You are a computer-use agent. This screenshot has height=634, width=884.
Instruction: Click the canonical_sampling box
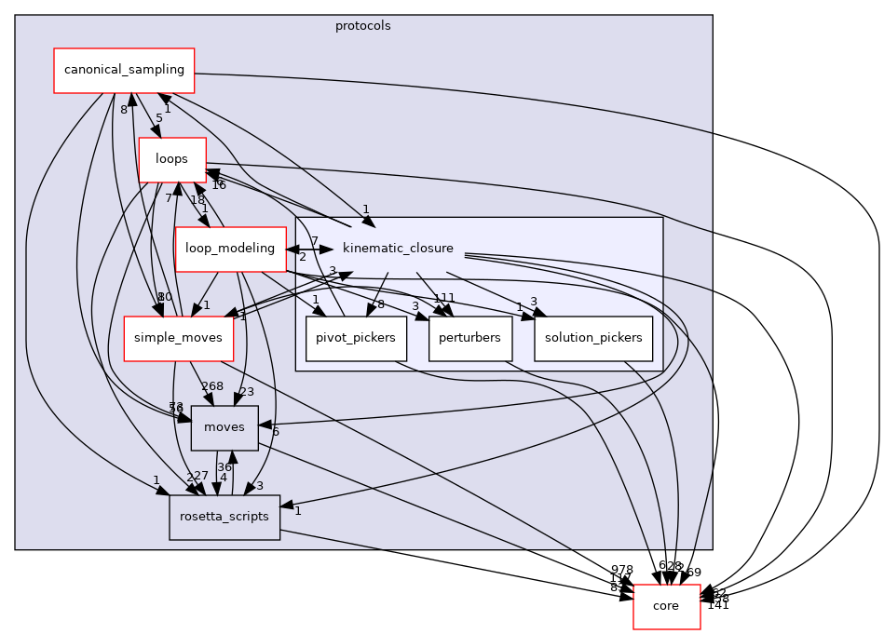[124, 71]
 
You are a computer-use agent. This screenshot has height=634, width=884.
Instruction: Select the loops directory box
[172, 159]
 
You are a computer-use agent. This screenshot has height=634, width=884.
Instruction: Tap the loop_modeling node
[229, 249]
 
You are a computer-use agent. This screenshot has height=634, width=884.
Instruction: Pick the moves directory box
[224, 427]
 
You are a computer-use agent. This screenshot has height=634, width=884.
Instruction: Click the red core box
[666, 606]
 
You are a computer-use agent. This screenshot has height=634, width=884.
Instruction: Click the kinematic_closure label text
[398, 249]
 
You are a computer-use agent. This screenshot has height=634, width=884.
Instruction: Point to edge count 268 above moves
[212, 386]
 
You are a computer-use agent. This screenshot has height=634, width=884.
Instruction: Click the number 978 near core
[622, 570]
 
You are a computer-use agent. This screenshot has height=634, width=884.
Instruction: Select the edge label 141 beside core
[718, 605]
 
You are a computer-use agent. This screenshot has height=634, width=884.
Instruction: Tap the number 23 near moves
[247, 392]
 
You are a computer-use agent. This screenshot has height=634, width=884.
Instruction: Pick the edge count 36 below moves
[224, 467]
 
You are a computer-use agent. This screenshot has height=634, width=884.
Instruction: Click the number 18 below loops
[197, 199]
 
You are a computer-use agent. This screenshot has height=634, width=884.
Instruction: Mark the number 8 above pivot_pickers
[381, 304]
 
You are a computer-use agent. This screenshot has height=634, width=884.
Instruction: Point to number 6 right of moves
[276, 432]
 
